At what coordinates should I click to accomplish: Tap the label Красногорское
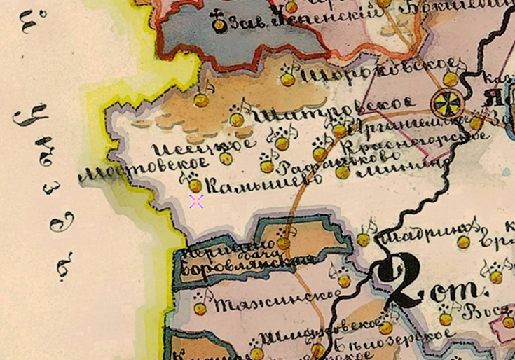coord(413,142)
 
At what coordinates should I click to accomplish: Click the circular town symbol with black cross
coord(446,103)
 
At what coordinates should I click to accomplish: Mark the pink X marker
coord(196,202)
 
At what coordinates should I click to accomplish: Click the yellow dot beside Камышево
coord(195,185)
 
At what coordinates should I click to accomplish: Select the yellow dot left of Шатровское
coord(237,120)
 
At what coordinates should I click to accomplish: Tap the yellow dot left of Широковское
coord(288,79)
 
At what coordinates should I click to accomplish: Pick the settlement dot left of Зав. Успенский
coord(219,25)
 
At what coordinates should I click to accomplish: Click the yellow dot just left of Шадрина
coord(363,240)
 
